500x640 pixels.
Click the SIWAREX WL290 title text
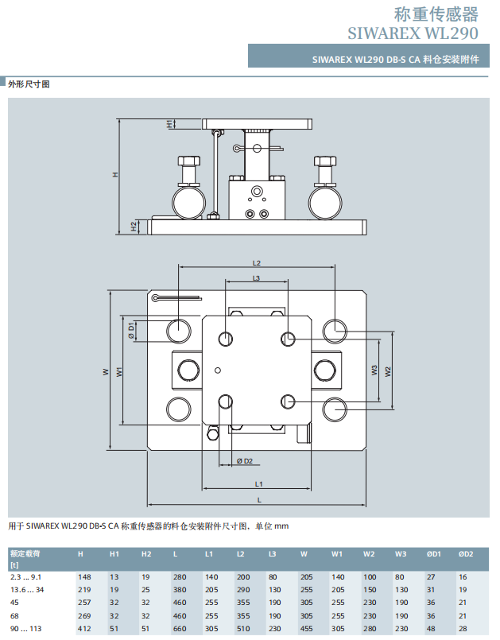[413, 33]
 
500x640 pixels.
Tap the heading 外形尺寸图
[29, 84]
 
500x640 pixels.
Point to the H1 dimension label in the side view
[170, 124]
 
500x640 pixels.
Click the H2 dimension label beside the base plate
[134, 227]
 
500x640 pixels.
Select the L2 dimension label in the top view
[256, 263]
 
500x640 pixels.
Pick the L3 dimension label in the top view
[256, 278]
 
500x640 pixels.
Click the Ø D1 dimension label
[131, 331]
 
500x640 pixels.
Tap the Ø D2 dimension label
[245, 461]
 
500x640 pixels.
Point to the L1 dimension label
[258, 484]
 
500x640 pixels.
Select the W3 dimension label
[374, 370]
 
